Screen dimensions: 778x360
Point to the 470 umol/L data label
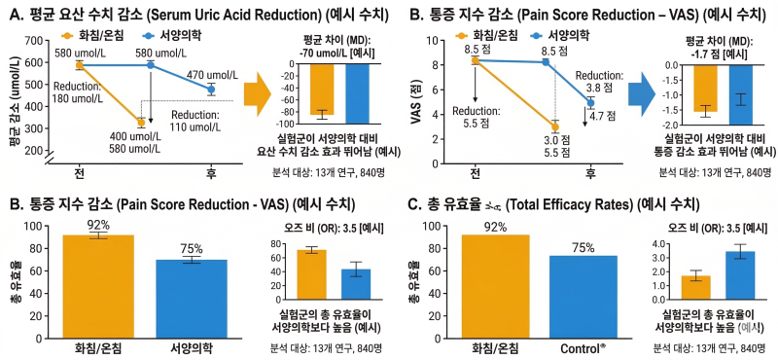tap(213, 75)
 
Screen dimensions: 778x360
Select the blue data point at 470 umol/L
tap(211, 90)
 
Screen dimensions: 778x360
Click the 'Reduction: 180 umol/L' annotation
tap(78, 90)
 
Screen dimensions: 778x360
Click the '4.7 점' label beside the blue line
tap(602, 116)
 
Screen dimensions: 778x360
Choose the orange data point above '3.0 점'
tap(554, 127)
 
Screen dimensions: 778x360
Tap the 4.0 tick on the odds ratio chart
tap(658, 244)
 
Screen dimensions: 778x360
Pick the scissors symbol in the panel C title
tap(495, 204)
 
